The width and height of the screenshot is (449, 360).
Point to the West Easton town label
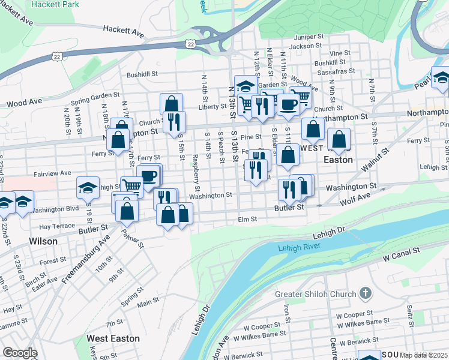tap(113, 338)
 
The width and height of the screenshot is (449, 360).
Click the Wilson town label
tap(43, 241)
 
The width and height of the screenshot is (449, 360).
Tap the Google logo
tap(19, 353)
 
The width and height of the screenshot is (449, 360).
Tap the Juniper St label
tap(309, 37)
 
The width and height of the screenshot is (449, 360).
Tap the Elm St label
tap(247, 220)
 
